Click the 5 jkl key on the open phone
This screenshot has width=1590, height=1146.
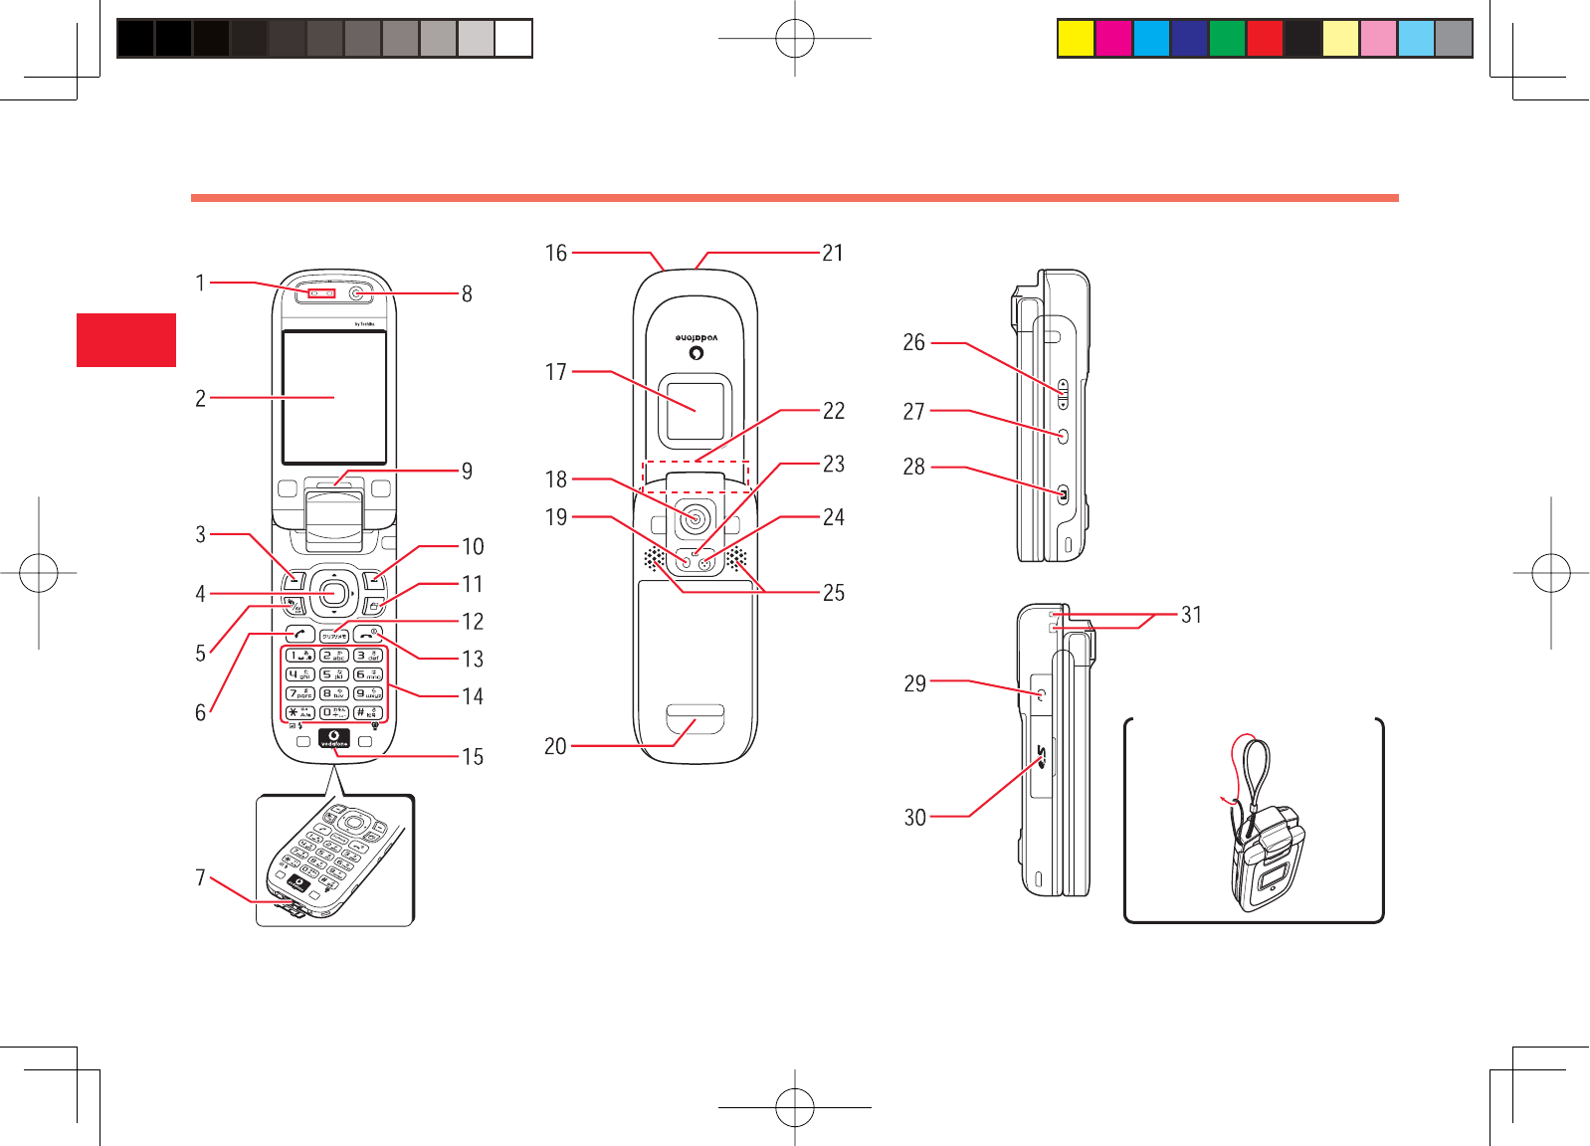(x=334, y=674)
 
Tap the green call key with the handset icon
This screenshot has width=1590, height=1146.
(x=299, y=635)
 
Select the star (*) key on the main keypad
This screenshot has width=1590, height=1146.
(x=299, y=712)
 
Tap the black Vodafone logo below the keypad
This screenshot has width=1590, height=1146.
(x=334, y=738)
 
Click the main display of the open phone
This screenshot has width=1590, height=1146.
(x=334, y=397)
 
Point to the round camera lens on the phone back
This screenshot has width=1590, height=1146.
(x=696, y=518)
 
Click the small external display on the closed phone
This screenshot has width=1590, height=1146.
(x=696, y=410)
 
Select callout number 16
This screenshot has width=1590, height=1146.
(x=555, y=253)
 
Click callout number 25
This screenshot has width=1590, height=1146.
(x=834, y=593)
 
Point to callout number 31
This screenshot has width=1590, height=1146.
(x=1191, y=615)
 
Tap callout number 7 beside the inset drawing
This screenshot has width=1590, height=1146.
(x=200, y=877)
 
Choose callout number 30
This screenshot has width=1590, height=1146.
(x=914, y=818)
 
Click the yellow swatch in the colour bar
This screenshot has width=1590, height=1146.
(x=1076, y=39)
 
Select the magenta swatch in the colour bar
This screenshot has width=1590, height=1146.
(x=1113, y=39)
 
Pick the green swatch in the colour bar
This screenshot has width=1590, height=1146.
(x=1227, y=39)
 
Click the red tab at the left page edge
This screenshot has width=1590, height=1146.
(x=126, y=340)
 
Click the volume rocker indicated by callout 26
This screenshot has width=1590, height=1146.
(x=1063, y=394)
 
